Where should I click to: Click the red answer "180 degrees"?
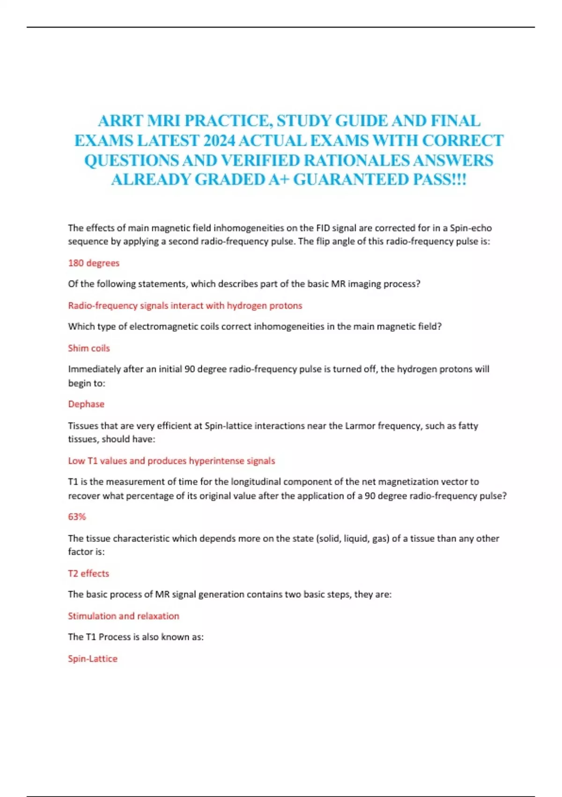point(94,263)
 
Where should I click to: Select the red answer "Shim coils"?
point(89,348)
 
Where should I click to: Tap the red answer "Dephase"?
point(86,404)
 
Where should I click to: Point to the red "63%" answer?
point(77,517)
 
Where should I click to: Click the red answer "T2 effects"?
point(89,573)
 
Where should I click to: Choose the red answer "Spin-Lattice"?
point(93,658)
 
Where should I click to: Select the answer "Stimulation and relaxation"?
point(124,616)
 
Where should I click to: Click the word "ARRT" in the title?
point(120,121)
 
